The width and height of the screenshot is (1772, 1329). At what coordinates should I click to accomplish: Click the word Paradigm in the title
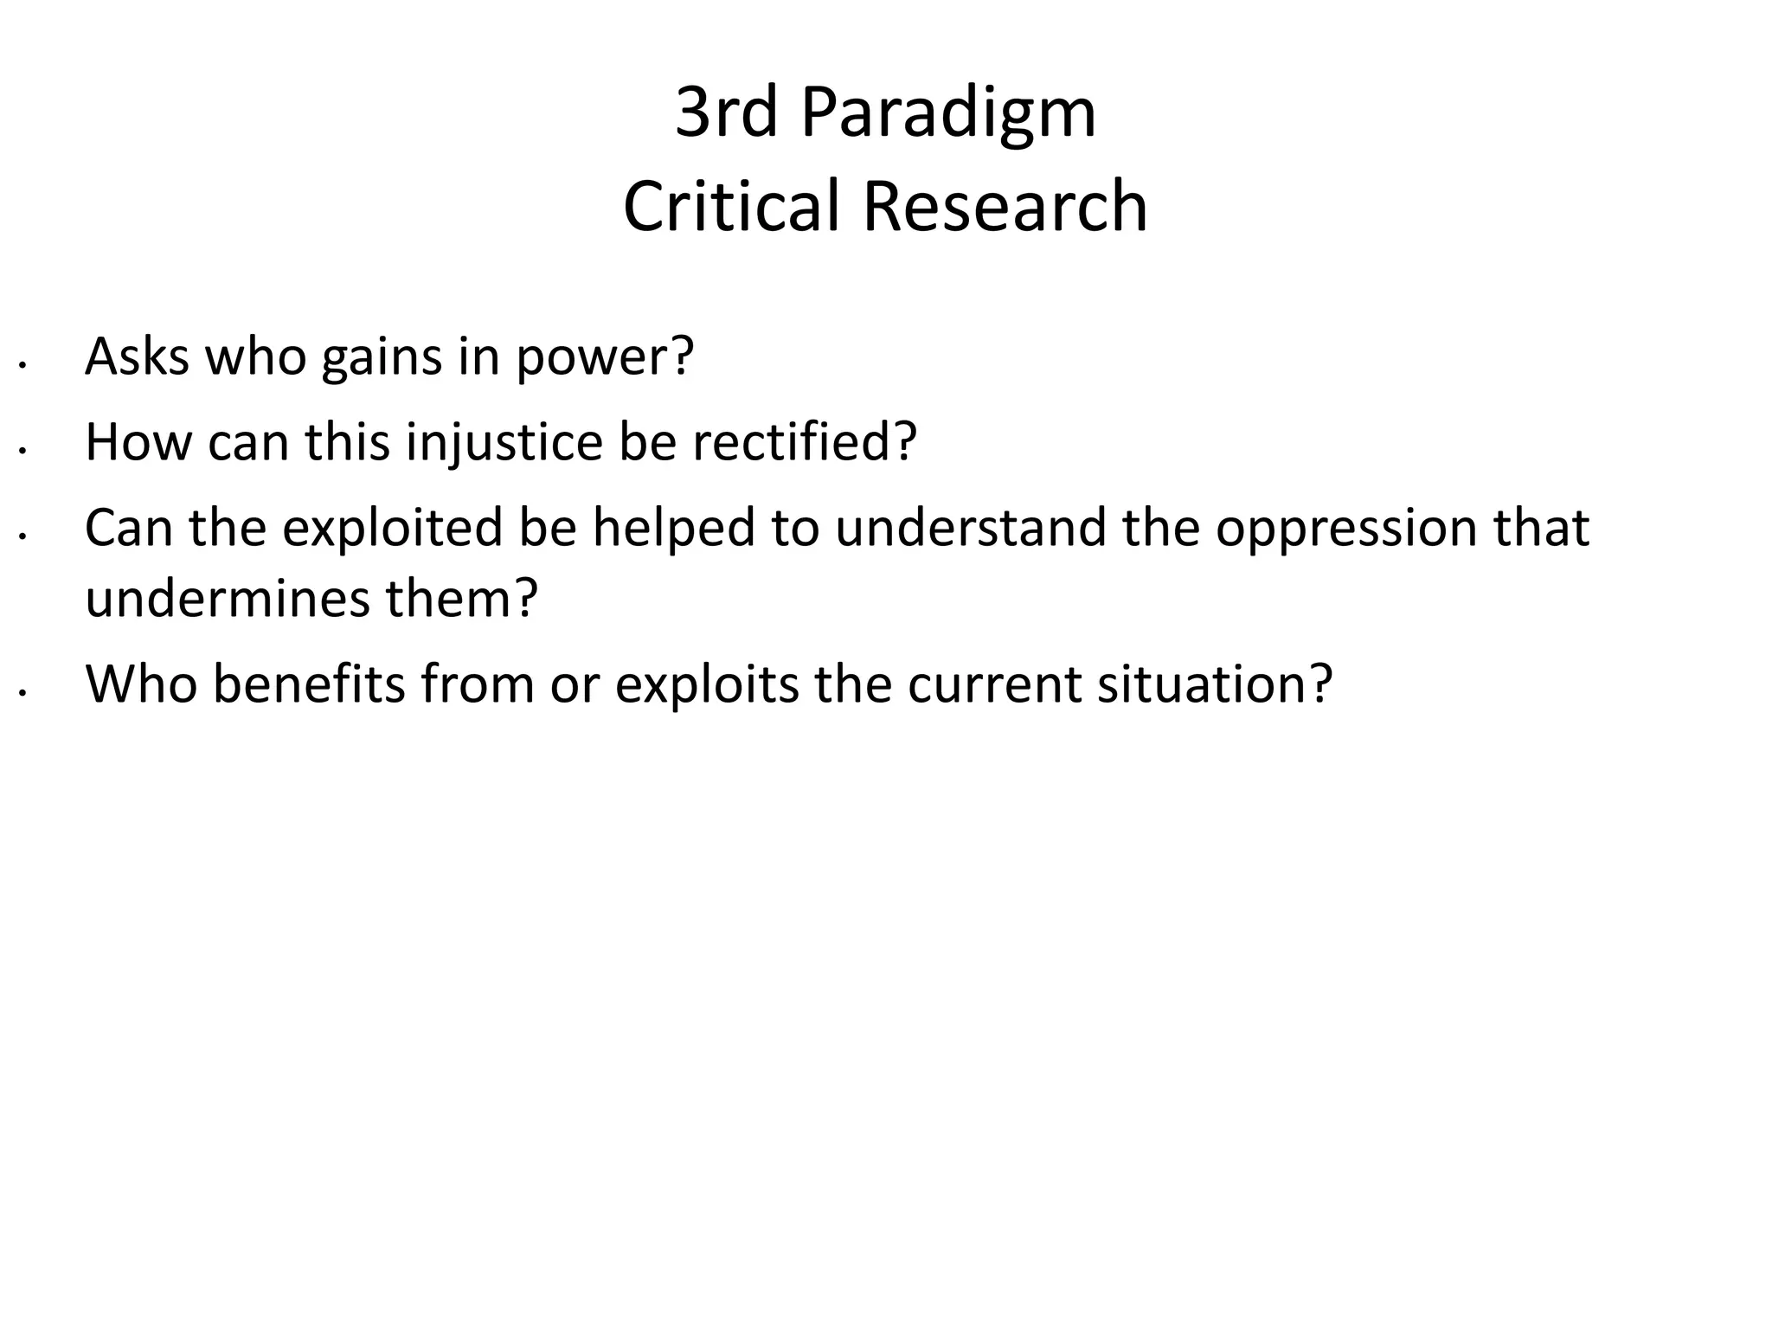click(948, 114)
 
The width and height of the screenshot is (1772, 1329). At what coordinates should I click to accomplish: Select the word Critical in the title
click(732, 207)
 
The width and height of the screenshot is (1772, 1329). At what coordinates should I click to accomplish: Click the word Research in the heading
click(1005, 207)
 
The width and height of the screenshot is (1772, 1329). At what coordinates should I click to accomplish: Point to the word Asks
click(137, 356)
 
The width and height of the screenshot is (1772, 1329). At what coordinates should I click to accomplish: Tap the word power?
click(605, 357)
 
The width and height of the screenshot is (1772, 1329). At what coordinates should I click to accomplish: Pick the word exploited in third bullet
click(392, 528)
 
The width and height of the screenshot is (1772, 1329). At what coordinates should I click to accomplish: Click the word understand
click(970, 527)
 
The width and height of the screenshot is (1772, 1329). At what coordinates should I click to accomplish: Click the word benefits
click(308, 684)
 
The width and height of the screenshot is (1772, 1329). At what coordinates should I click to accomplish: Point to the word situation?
click(1214, 684)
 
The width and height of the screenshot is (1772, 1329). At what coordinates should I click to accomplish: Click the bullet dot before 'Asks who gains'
click(24, 366)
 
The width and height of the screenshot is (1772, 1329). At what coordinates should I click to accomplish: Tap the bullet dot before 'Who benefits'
click(24, 693)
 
